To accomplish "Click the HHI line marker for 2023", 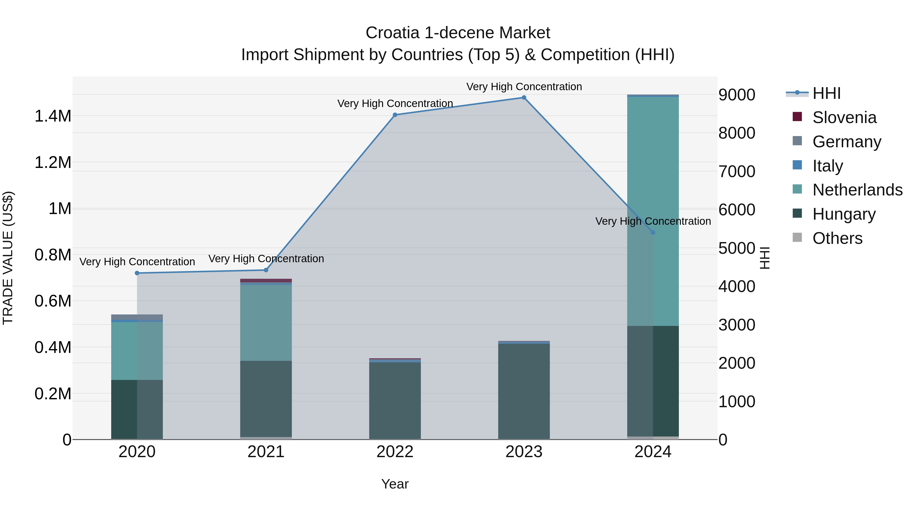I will pyautogui.click(x=524, y=98).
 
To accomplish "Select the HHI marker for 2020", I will pyautogui.click(x=137, y=273).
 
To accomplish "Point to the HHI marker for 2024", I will pyautogui.click(x=653, y=233).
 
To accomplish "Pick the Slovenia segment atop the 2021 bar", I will pyautogui.click(x=266, y=281).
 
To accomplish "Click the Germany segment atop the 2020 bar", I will pyautogui.click(x=137, y=317).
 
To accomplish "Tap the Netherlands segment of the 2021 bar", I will pyautogui.click(x=266, y=322).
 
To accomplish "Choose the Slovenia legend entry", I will pyautogui.click(x=844, y=117).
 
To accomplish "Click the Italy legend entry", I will pyautogui.click(x=827, y=166).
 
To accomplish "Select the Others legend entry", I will pyautogui.click(x=837, y=238).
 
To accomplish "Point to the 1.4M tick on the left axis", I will pyautogui.click(x=53, y=116).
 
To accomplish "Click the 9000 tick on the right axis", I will pyautogui.click(x=736, y=95).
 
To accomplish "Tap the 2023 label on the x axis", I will pyautogui.click(x=524, y=452).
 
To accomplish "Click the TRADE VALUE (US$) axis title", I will pyautogui.click(x=8, y=258).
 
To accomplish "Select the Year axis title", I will pyautogui.click(x=395, y=484).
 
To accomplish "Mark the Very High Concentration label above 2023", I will pyautogui.click(x=524, y=87).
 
